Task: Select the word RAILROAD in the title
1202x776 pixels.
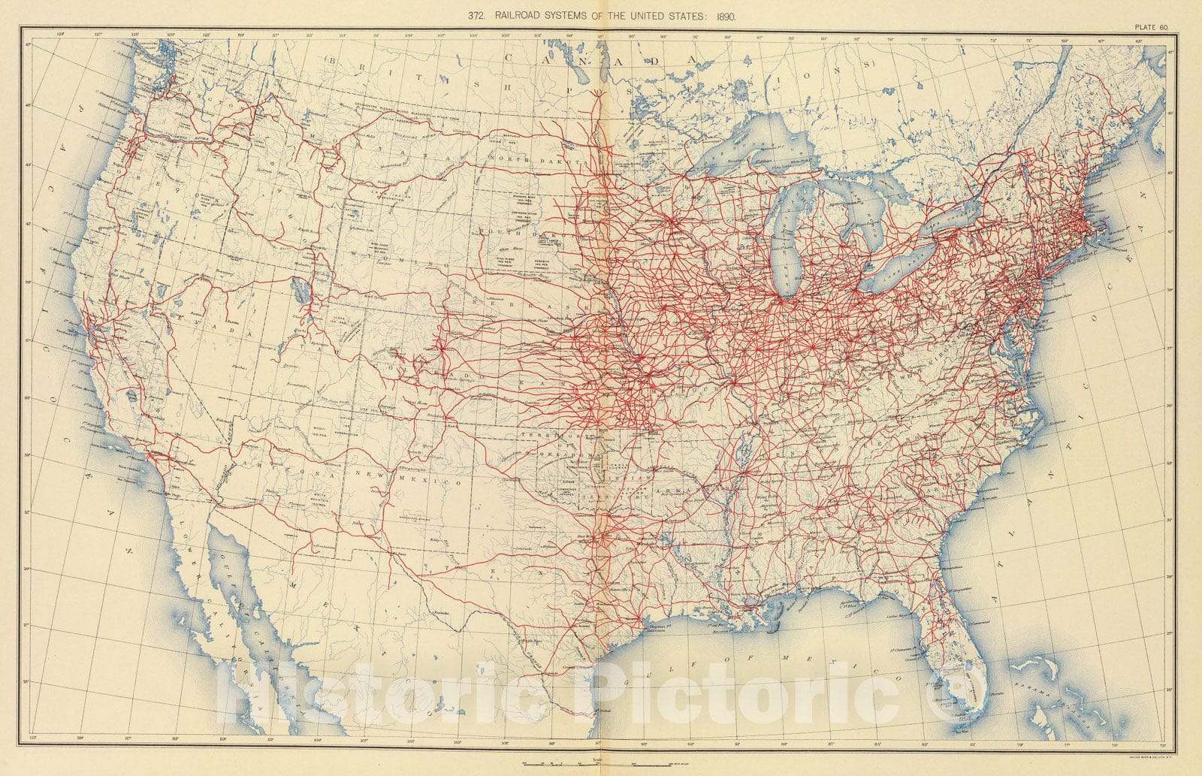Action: pyautogui.click(x=523, y=15)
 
